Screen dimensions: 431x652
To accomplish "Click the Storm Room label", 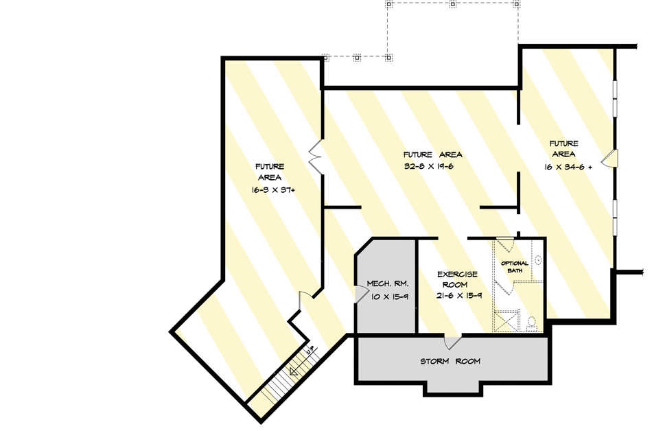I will point(450,361).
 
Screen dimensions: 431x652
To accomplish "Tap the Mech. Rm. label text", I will point(388,283).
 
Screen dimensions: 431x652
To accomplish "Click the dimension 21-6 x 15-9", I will point(458,295).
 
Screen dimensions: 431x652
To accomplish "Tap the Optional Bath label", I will point(515,267).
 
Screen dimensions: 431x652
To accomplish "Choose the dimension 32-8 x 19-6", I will point(432,166).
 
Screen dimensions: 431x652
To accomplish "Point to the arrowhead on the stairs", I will point(294,371).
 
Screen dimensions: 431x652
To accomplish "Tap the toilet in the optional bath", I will point(532,321).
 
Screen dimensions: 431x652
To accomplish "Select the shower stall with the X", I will point(508,321).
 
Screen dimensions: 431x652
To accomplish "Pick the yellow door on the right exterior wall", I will point(610,159).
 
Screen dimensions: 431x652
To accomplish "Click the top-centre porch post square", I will point(453,4).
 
